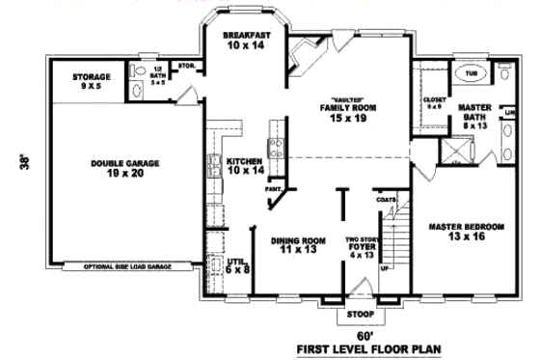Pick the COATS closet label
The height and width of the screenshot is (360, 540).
point(387,201)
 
